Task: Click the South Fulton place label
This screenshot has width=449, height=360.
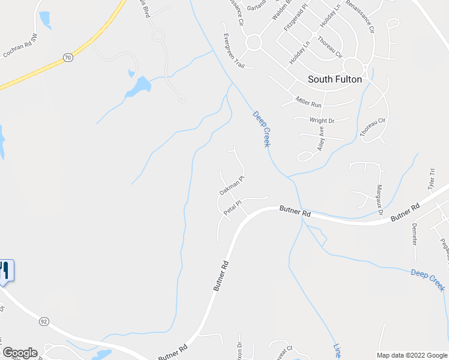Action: pos(334,79)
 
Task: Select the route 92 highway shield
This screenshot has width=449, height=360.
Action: pos(44,322)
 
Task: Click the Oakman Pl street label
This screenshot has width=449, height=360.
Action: pos(232,186)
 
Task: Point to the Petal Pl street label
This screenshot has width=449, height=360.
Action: pos(232,208)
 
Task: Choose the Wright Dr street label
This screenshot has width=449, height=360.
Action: pos(322,121)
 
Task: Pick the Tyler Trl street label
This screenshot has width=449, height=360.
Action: pos(431,179)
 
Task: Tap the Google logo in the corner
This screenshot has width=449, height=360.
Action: pos(20,353)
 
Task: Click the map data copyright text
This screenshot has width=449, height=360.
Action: pos(412,355)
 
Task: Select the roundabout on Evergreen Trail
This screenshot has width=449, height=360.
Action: pos(253,41)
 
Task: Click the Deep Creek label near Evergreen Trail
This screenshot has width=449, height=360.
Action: pos(262,128)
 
